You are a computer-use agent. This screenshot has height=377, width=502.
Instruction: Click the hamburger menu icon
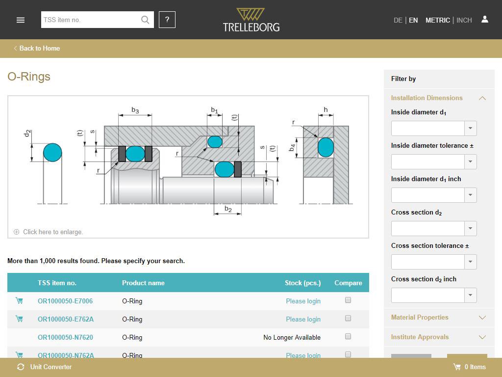21,20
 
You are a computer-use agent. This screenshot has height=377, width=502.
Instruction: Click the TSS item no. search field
91,20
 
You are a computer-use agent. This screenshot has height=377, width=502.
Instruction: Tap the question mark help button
167,20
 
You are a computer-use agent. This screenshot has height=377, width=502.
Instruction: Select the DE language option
398,20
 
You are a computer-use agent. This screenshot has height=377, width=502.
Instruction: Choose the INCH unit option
464,20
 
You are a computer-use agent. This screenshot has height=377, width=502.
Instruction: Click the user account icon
485,20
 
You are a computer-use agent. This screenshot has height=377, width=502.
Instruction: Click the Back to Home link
37,49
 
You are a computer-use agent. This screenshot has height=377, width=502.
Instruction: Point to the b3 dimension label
135,110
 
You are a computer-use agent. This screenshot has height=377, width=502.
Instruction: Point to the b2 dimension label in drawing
228,209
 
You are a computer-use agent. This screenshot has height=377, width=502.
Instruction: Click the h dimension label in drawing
326,109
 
